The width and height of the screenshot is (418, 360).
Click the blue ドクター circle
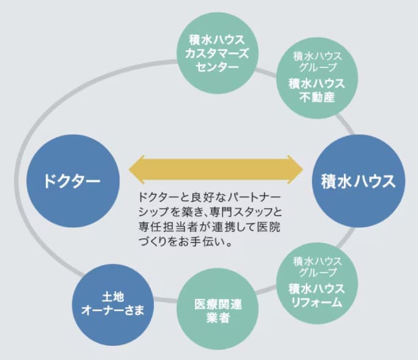tap(71, 181)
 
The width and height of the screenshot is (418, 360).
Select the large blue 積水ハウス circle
tap(358, 181)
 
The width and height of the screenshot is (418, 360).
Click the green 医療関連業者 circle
tap(218, 309)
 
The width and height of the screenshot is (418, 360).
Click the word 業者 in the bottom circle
tap(218, 317)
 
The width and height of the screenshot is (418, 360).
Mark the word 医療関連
tap(218, 304)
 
